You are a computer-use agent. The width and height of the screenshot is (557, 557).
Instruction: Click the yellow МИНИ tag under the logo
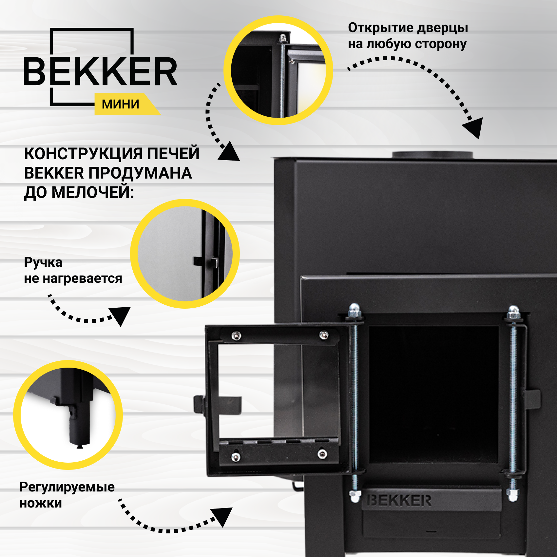tap(121, 104)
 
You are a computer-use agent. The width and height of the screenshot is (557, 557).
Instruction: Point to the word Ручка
tap(43, 262)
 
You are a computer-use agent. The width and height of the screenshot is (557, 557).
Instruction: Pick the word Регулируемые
tap(67, 487)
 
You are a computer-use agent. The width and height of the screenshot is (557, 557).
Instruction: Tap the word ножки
tap(41, 503)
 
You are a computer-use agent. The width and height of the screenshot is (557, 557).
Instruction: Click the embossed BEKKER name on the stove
tap(399, 501)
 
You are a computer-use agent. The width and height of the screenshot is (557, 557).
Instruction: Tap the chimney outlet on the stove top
tap(432, 155)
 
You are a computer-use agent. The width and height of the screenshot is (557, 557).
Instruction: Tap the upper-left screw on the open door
tap(236, 336)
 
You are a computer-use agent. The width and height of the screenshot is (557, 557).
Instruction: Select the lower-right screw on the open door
tap(322, 454)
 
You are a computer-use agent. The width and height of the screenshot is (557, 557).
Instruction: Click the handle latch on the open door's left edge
tap(199, 404)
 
